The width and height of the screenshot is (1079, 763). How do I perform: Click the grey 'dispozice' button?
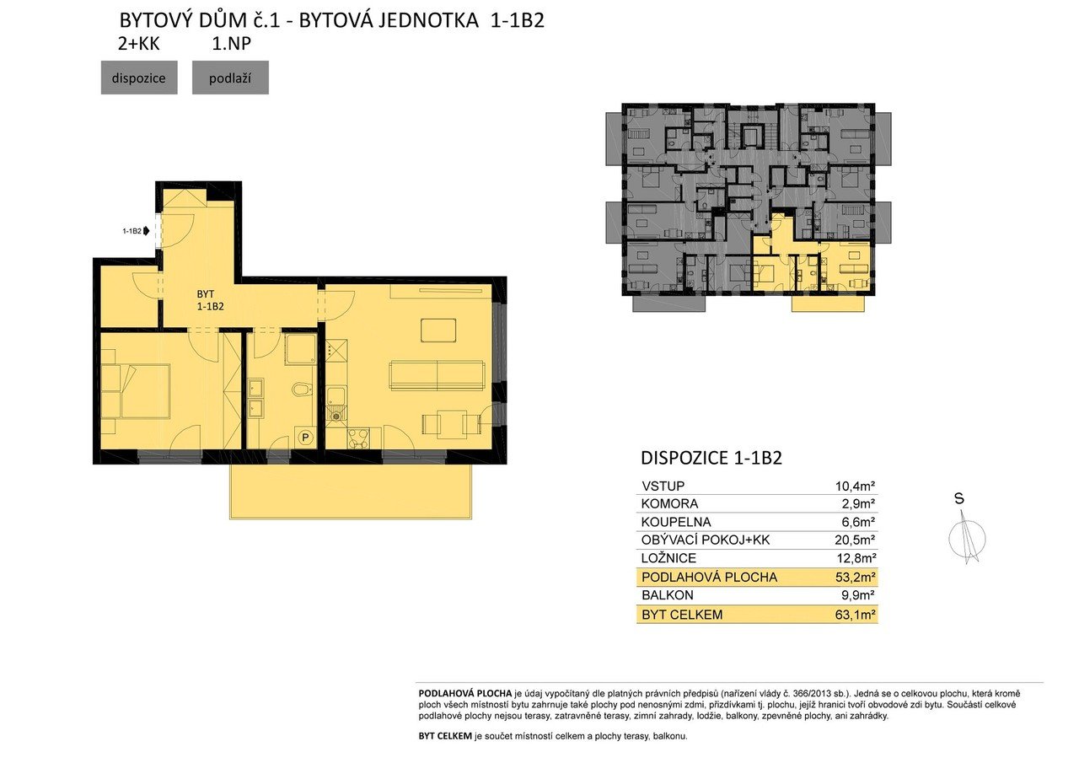pyautogui.click(x=139, y=78)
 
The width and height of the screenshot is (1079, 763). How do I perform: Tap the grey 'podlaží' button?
pyautogui.click(x=230, y=78)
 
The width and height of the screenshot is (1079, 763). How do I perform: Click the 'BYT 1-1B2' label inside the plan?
pyautogui.click(x=210, y=300)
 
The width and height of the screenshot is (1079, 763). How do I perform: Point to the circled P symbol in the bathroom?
pyautogui.click(x=305, y=438)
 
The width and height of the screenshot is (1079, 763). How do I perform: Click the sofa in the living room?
pyautogui.click(x=437, y=375)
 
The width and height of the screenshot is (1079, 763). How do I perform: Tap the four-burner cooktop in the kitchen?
pyautogui.click(x=357, y=438)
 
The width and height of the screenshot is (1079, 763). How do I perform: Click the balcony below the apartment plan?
pyautogui.click(x=351, y=492)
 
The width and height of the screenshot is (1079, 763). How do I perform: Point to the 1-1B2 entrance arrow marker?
pyautogui.click(x=147, y=231)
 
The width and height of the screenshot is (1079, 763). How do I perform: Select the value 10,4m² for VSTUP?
pyautogui.click(x=855, y=486)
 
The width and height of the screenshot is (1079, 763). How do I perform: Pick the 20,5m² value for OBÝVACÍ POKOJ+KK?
pyautogui.click(x=855, y=540)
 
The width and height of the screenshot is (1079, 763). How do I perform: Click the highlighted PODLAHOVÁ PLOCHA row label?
pyautogui.click(x=709, y=577)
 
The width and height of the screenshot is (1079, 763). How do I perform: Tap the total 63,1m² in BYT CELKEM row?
pyautogui.click(x=855, y=615)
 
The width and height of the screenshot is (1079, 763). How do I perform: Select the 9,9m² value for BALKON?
pyautogui.click(x=857, y=595)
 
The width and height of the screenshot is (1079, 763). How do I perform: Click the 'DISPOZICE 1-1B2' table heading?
pyautogui.click(x=711, y=458)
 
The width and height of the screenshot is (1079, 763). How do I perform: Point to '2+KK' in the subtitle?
pyautogui.click(x=139, y=44)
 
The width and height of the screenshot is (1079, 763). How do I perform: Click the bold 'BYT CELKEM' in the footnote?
pyautogui.click(x=445, y=736)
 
